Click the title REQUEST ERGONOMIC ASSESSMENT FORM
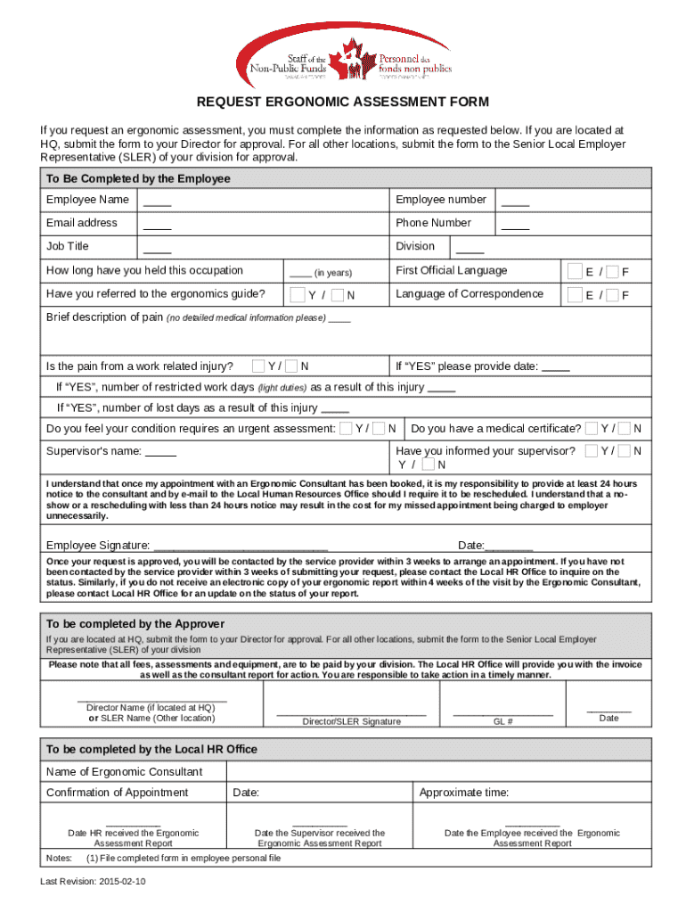(x=343, y=103)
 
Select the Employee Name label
(x=87, y=200)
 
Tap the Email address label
(x=82, y=223)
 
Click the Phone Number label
(x=434, y=223)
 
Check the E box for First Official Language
(x=574, y=271)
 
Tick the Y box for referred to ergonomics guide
(x=297, y=294)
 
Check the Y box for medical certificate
(x=592, y=429)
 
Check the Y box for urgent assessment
(x=346, y=429)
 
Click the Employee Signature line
(x=241, y=546)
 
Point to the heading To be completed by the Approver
(x=135, y=624)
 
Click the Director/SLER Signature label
(x=351, y=721)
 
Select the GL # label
(x=503, y=721)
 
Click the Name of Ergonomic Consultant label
(x=125, y=772)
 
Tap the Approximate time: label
(x=464, y=793)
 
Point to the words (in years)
(x=333, y=272)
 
